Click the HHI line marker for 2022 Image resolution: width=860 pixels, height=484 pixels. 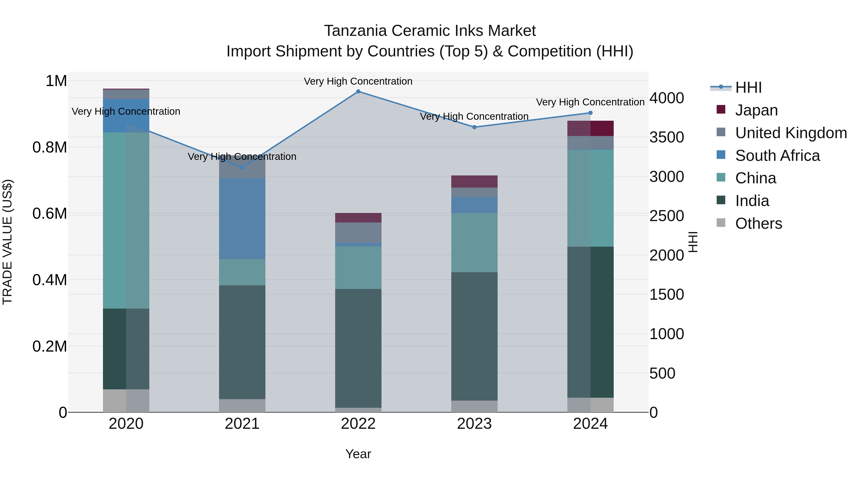[x=358, y=91]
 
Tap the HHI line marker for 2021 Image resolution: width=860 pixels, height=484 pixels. [x=242, y=167]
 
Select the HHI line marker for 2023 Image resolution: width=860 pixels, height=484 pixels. [x=474, y=127]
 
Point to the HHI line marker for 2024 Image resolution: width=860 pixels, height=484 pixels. [x=590, y=113]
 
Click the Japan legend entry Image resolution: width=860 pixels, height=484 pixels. [x=756, y=110]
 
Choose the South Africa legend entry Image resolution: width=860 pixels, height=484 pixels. [x=777, y=156]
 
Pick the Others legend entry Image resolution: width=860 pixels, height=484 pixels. [x=758, y=223]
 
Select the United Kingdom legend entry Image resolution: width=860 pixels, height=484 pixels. [x=790, y=133]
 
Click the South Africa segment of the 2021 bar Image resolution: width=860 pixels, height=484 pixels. [x=242, y=218]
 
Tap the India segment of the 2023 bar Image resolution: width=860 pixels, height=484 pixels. [x=474, y=336]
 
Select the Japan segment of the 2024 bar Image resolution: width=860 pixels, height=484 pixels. [x=590, y=128]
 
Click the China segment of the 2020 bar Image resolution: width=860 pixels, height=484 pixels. [x=126, y=220]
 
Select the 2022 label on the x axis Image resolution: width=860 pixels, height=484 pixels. [x=358, y=424]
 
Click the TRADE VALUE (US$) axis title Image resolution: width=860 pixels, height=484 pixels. [x=7, y=242]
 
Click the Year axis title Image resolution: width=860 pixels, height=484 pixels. [x=358, y=454]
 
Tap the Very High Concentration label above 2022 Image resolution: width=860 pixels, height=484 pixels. [x=358, y=81]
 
